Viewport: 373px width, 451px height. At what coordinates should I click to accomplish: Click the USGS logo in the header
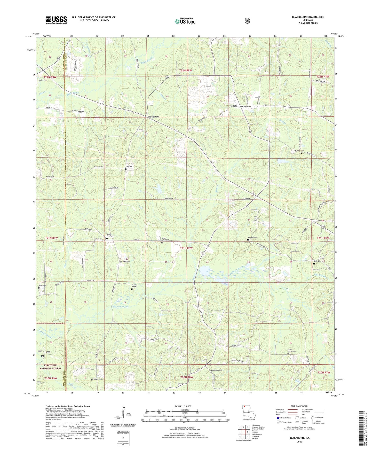(56, 20)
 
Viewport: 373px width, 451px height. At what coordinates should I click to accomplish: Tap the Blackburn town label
(153, 117)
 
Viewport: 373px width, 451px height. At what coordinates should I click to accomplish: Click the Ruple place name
(234, 106)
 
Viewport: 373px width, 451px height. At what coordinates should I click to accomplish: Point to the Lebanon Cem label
(299, 150)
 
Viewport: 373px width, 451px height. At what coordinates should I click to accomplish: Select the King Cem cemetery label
(129, 167)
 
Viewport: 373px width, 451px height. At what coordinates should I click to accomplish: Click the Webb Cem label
(126, 261)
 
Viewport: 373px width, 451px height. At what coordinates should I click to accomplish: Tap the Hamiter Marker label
(134, 286)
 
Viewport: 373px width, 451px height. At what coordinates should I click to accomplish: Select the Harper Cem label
(97, 379)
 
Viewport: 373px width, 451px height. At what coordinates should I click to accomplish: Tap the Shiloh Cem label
(43, 285)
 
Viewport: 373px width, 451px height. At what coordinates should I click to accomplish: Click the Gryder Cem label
(43, 80)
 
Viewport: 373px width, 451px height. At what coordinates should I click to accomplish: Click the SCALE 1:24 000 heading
(183, 406)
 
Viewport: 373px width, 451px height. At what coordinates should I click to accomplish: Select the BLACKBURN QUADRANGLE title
(308, 17)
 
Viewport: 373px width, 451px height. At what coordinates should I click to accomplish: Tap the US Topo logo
(185, 21)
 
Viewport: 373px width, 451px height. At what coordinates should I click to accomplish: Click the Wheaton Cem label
(252, 237)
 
